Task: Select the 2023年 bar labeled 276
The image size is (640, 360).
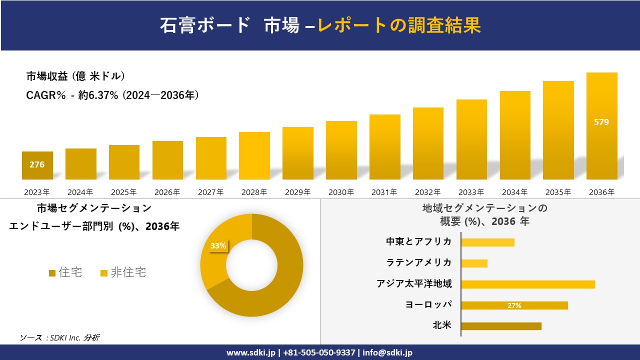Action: tap(37, 165)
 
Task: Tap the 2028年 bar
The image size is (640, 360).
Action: tap(254, 155)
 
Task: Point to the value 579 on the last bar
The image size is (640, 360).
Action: tap(601, 122)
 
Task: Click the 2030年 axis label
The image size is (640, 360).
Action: tap(341, 192)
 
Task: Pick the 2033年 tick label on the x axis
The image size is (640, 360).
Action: tap(471, 192)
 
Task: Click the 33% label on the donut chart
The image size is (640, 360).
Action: tap(218, 246)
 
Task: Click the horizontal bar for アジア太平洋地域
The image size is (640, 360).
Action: tap(527, 284)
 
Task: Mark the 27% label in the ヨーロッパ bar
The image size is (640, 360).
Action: tap(514, 305)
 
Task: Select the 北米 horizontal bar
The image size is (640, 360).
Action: tap(501, 326)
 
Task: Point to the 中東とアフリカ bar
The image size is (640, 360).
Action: tap(487, 242)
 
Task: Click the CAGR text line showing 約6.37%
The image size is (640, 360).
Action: tap(112, 95)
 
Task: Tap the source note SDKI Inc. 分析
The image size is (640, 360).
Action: tap(60, 337)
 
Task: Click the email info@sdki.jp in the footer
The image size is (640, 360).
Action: tap(387, 352)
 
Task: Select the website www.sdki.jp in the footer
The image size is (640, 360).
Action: tap(251, 352)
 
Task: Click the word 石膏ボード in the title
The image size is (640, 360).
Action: tap(205, 25)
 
